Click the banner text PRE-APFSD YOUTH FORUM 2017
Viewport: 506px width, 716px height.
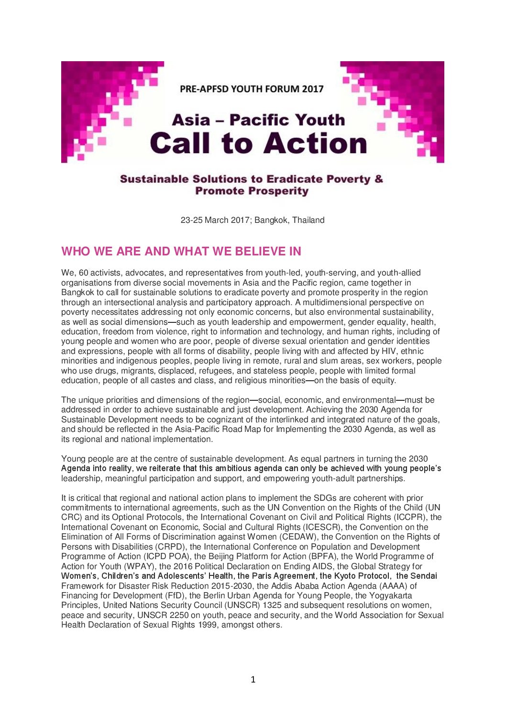tap(252, 89)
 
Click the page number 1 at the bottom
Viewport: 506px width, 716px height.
tap(253, 679)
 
